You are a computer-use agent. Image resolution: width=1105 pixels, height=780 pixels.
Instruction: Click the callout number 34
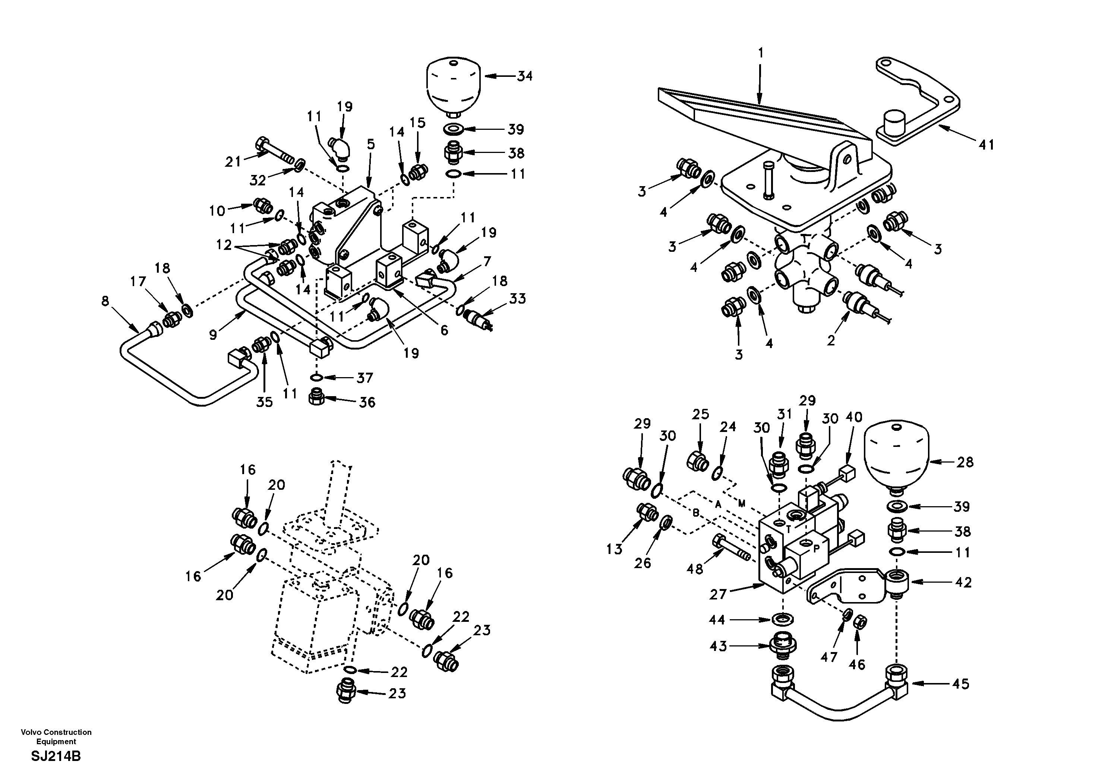click(x=525, y=76)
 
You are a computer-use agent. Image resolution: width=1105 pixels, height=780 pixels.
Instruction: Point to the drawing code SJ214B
click(x=56, y=756)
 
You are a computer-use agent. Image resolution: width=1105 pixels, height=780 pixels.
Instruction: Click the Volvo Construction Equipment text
click(x=56, y=737)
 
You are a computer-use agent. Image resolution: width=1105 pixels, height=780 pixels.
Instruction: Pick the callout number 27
click(x=717, y=595)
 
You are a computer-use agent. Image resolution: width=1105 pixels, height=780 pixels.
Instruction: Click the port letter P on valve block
click(x=816, y=549)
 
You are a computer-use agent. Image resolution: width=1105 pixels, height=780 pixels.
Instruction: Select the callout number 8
click(x=105, y=301)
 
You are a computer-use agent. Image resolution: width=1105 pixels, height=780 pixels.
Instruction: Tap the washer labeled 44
click(x=783, y=618)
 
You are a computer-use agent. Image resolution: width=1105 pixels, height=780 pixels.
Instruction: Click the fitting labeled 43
click(x=783, y=645)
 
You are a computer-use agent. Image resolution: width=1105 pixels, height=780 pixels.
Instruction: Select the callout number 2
click(x=831, y=341)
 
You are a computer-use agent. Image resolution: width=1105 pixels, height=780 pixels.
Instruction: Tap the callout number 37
click(x=364, y=378)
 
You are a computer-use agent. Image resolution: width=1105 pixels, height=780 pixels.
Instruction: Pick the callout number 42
click(x=963, y=582)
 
